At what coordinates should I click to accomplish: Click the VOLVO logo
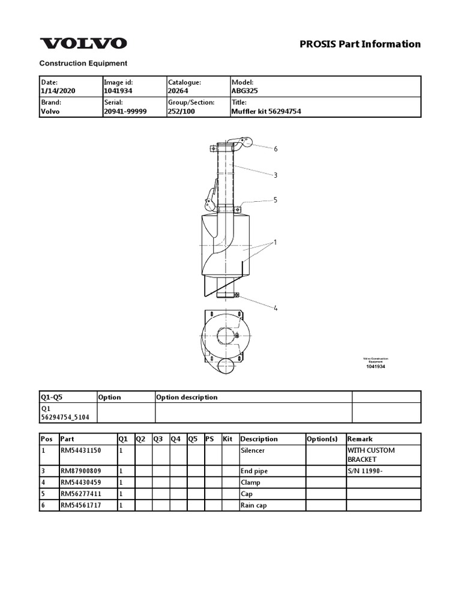pos(83,43)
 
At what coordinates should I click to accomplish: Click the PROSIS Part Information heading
pos(360,44)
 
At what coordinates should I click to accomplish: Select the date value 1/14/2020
pos(55,91)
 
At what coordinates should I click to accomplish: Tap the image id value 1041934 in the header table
pos(118,91)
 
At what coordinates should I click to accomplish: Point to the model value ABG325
pos(244,91)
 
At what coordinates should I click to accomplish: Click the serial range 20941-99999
pos(125,112)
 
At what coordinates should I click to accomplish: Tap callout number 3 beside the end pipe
pos(276,175)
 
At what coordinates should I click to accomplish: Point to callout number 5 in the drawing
pos(276,200)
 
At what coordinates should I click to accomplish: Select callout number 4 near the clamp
pos(276,308)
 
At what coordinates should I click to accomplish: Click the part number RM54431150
pos(80,450)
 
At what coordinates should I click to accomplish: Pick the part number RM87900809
pos(80,471)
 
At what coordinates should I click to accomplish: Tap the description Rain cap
pos(253,505)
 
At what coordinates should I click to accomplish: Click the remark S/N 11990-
pos(365,471)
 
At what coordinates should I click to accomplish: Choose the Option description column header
pos(187,397)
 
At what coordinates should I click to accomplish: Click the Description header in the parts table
pos(259,439)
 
